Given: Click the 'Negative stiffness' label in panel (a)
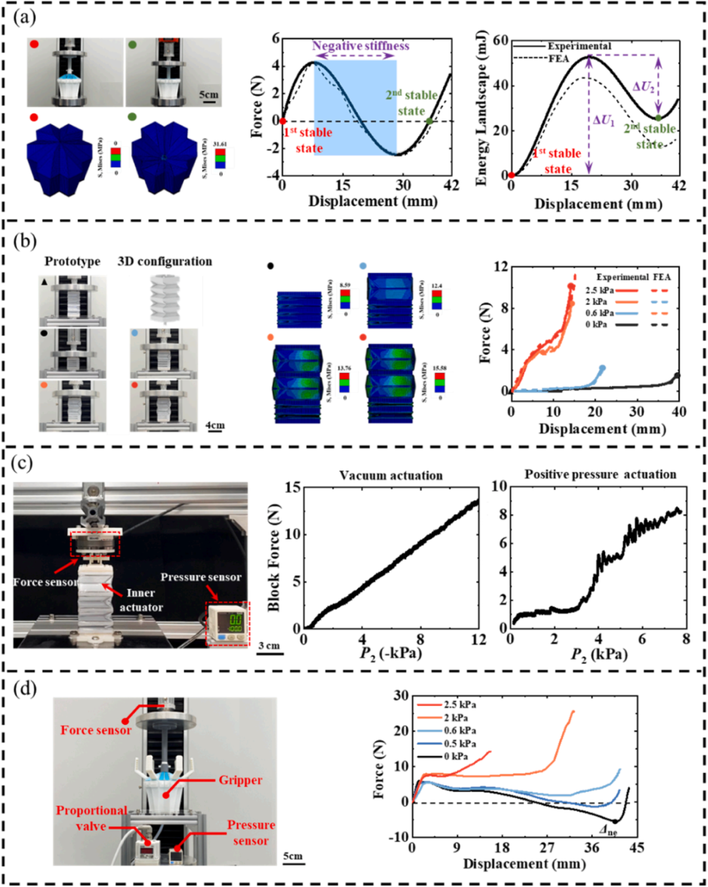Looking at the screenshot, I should tap(361, 46).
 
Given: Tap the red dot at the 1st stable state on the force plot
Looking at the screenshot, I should tap(283, 121).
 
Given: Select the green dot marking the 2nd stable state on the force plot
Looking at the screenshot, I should tap(429, 121).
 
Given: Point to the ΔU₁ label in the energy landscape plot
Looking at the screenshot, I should tap(603, 121).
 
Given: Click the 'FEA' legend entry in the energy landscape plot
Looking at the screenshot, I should tap(559, 59).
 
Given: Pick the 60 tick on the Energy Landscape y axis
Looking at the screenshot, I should tap(500, 41).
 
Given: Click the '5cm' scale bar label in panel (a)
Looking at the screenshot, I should tap(209, 95).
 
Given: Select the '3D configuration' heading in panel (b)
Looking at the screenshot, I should tap(165, 262).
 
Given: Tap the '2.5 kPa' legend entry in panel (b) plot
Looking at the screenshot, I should tap(600, 290).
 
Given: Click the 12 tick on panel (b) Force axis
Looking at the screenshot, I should tap(500, 267).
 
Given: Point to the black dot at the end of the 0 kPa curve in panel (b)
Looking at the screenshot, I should tap(677, 376).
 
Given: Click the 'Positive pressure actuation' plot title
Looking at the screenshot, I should tap(600, 475).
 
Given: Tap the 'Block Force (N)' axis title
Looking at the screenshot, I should tap(274, 557).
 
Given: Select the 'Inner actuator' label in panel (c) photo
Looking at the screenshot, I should tap(141, 600).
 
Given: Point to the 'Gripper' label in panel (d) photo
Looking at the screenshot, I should tap(240, 780).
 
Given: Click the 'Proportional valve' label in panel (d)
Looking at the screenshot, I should tap(91, 818).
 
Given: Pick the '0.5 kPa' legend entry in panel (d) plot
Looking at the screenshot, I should tap(460, 744).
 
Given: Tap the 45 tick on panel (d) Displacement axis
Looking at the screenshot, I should tap(637, 848).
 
